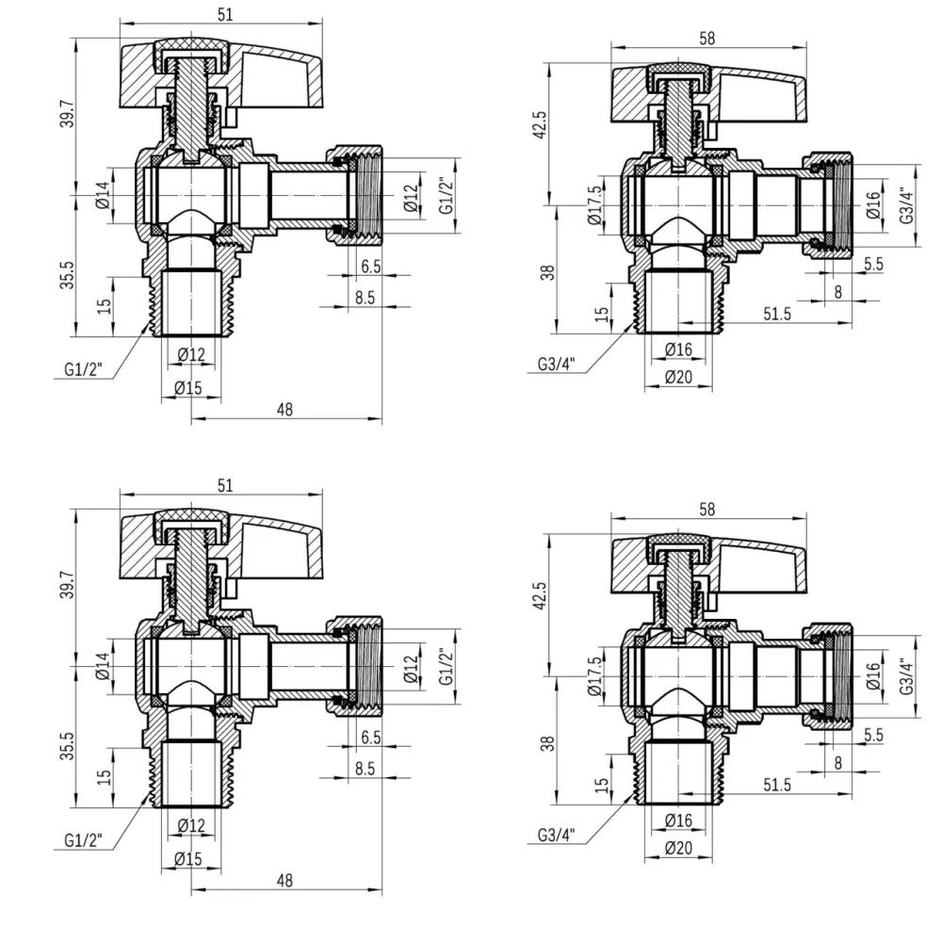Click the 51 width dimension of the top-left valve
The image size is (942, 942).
225,13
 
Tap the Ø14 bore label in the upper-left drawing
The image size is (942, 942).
103,196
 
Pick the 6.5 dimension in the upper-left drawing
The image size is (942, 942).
370,267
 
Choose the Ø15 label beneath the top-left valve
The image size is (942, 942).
190,386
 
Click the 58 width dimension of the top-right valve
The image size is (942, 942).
707,38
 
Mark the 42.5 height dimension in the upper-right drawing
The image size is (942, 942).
540,122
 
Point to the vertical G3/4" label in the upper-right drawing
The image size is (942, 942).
906,206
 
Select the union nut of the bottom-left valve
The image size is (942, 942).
353,665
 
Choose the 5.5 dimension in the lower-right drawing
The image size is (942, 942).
872,735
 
